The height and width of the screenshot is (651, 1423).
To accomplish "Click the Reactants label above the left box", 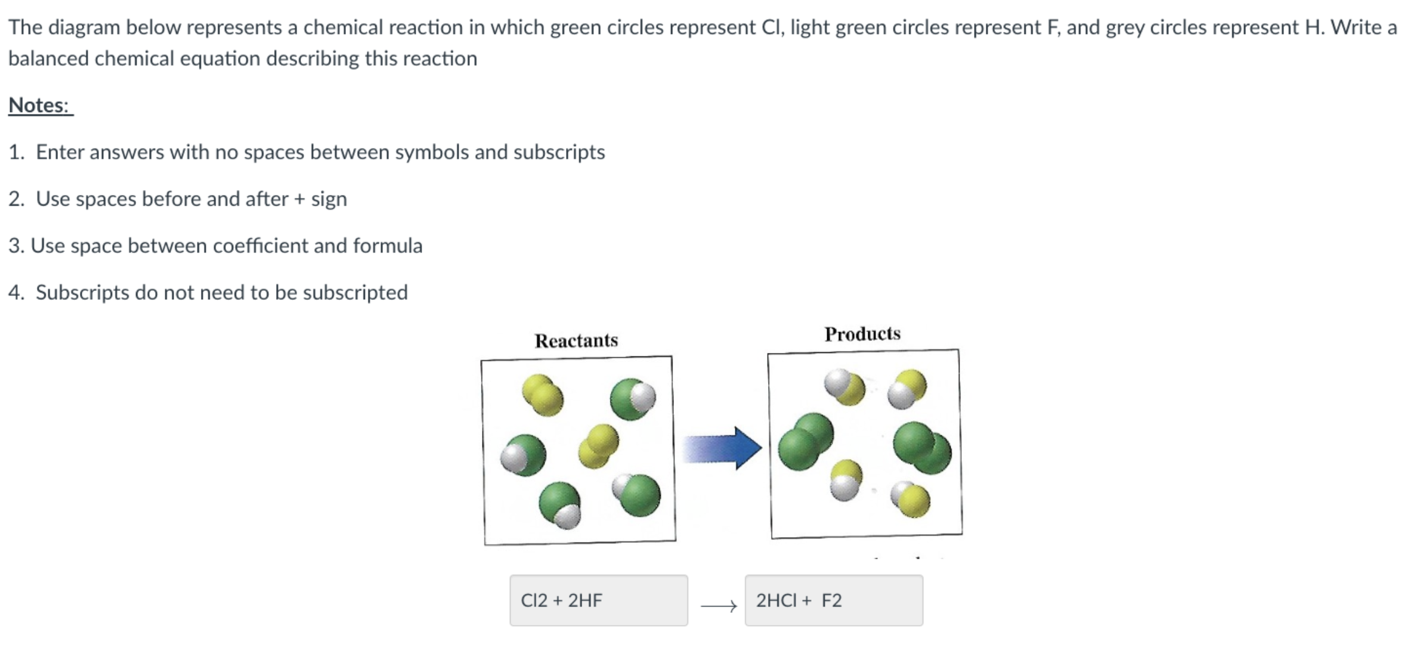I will (576, 340).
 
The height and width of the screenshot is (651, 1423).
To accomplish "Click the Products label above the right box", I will (862, 334).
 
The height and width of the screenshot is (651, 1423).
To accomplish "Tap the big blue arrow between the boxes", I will (722, 448).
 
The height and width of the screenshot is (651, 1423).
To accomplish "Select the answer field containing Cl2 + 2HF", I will (598, 600).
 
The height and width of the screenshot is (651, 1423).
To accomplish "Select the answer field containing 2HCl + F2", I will (833, 600).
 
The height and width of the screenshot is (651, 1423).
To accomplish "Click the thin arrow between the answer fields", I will (719, 606).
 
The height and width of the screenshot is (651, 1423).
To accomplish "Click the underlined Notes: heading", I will (40, 106).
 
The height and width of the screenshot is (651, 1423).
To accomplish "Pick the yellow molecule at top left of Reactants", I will (542, 395).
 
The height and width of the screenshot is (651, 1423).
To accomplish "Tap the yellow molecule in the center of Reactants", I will (599, 446).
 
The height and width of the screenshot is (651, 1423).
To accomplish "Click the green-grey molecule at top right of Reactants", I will (632, 399).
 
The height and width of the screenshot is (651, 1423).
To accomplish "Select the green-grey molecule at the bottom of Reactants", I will (560, 506).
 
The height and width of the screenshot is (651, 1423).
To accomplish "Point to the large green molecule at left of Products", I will (805, 441).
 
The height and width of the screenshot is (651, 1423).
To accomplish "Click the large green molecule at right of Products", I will (922, 447).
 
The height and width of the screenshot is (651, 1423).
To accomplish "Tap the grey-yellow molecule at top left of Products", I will (844, 386).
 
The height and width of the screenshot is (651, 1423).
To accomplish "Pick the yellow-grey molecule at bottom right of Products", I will (911, 499).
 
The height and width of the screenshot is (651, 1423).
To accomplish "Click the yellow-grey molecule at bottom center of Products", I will (846, 480).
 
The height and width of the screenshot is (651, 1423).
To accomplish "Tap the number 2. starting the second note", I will (16, 199).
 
